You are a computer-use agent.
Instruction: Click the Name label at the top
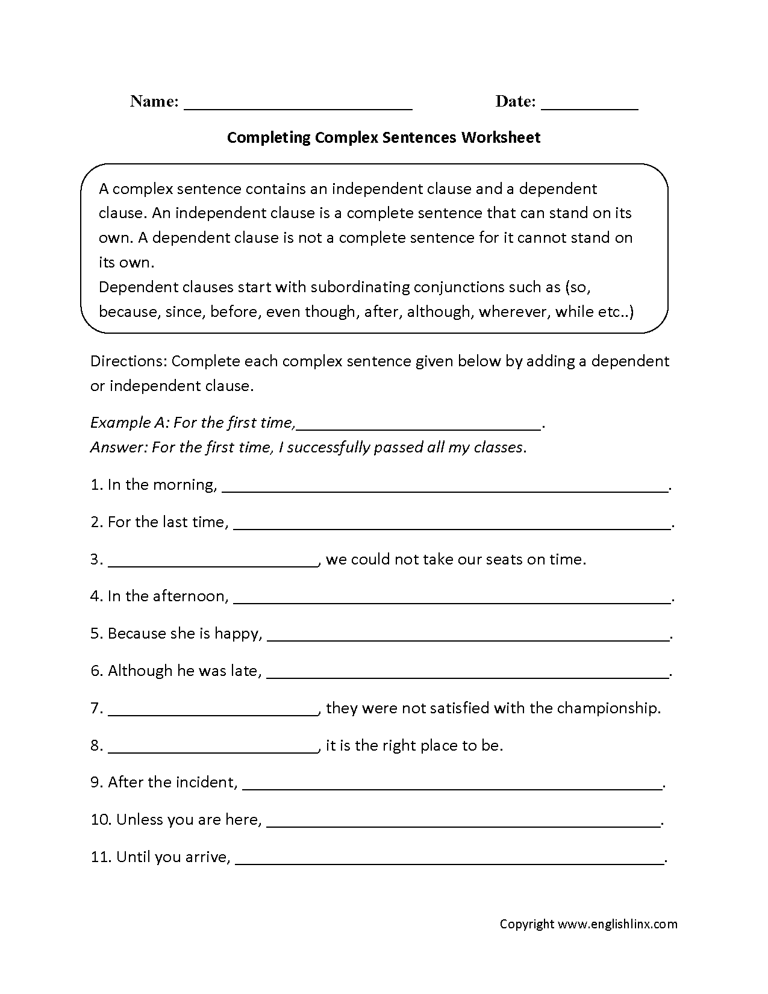(154, 101)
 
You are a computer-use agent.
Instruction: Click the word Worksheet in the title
(501, 137)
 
